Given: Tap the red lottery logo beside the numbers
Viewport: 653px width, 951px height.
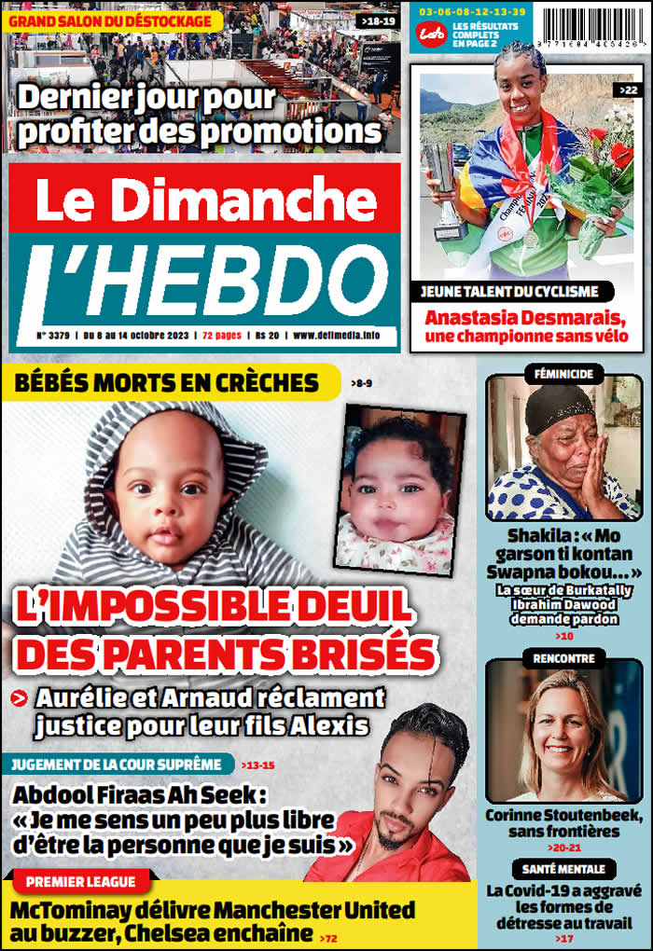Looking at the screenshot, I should click(430, 33).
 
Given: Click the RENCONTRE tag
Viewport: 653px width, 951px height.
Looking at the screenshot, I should click(564, 658).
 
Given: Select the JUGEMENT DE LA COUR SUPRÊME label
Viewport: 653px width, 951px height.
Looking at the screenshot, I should click(118, 765).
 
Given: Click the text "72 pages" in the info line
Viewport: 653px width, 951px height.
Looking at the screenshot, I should click(221, 335).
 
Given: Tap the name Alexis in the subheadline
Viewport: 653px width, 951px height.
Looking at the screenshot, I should click(334, 724).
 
